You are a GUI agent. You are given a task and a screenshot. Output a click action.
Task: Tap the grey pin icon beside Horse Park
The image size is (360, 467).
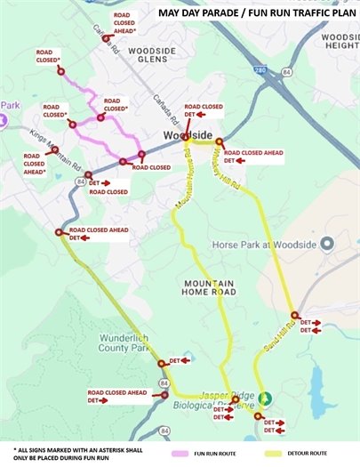point(326,242)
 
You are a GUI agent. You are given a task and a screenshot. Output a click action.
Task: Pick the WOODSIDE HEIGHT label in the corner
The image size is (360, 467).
point(339,40)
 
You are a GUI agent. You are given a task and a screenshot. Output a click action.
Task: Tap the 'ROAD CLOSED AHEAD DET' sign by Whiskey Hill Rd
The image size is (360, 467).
point(253,157)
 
